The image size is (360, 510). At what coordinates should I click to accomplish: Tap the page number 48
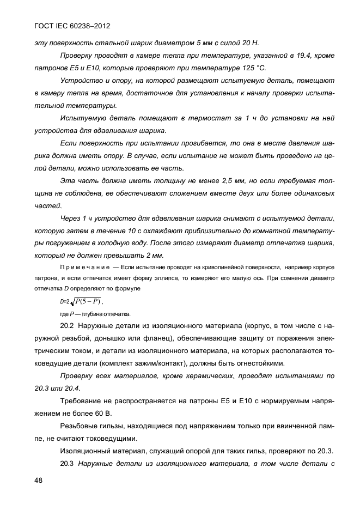[x=39, y=480]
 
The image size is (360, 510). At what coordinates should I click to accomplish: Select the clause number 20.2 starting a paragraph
[x=66, y=327]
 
